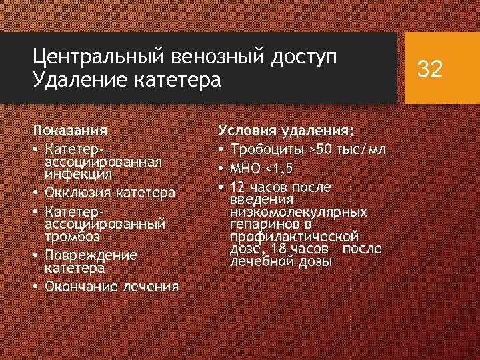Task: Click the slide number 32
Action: pyautogui.click(x=429, y=68)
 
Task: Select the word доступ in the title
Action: pyautogui.click(x=303, y=59)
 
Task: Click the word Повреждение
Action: pyautogui.click(x=91, y=255)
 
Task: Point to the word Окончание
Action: pyautogui.click(x=79, y=286)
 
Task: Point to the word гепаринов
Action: pyautogui.click(x=261, y=224)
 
